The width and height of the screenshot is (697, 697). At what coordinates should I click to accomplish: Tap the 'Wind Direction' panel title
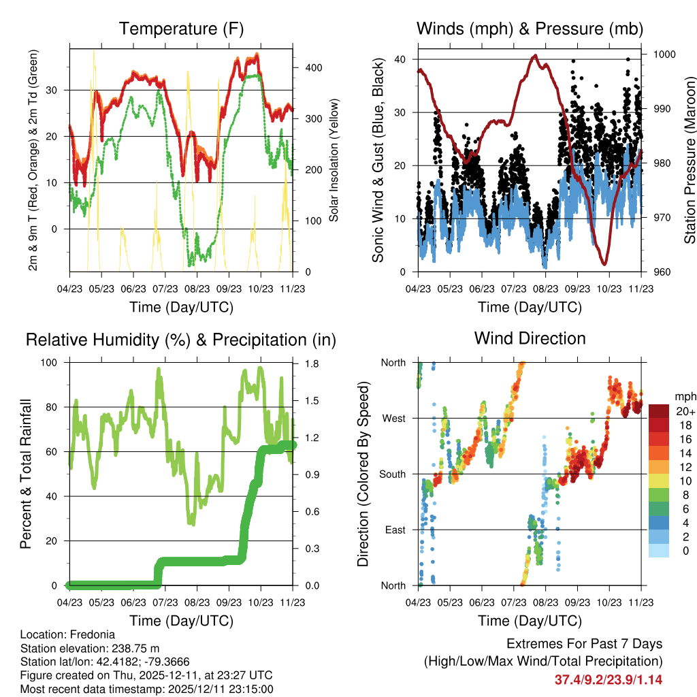point(530,338)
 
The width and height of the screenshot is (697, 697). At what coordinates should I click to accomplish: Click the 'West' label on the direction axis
point(393,418)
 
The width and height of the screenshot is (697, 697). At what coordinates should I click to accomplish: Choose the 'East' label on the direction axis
point(394,530)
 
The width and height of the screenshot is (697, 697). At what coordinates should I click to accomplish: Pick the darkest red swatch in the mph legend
point(659,411)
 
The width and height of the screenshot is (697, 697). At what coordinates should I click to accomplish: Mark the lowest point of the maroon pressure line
point(604,263)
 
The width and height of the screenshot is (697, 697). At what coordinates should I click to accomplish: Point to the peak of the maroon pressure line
point(535,56)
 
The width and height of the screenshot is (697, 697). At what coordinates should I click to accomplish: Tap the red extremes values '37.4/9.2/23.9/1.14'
point(609,679)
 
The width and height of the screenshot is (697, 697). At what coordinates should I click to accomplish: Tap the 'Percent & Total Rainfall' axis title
point(26,474)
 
